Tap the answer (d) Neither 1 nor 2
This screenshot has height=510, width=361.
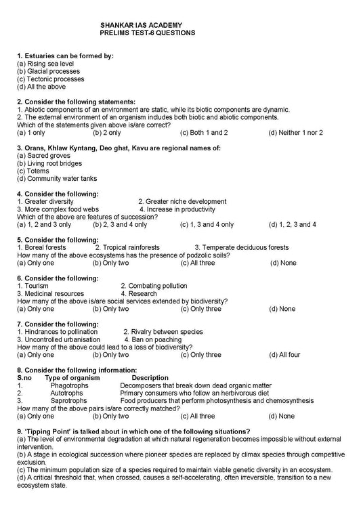tap(295, 133)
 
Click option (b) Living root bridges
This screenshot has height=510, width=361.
tap(49, 163)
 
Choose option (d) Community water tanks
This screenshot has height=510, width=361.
tap(57, 178)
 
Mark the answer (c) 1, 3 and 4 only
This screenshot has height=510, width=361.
tap(207, 224)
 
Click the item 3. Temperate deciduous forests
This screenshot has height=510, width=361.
tap(241, 247)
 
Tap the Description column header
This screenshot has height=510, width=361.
tap(150, 377)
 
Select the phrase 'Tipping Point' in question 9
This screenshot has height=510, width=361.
tap(38, 431)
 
